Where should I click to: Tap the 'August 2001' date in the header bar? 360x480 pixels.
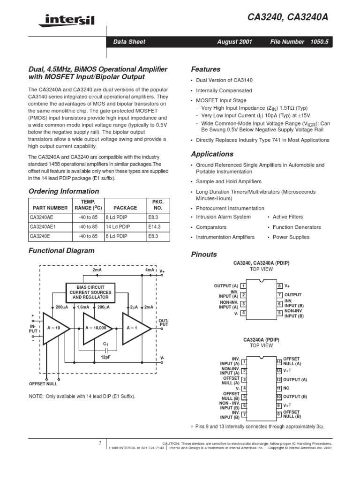(234, 42)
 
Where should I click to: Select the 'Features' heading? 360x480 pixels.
(206, 68)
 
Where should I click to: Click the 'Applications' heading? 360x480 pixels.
(212, 154)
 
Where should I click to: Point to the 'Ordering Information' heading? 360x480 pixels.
(64, 191)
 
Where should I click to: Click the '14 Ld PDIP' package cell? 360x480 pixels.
(117, 226)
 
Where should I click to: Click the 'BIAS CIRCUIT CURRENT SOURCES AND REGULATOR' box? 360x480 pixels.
(90, 292)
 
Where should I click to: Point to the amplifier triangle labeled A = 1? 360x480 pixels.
(133, 327)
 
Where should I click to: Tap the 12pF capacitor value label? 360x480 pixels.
(105, 357)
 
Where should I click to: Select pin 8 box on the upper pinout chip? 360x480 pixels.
(279, 285)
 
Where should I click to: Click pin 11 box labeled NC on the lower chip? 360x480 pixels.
(278, 388)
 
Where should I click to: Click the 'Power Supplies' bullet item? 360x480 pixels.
(291, 237)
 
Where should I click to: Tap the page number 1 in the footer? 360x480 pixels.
(100, 443)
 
